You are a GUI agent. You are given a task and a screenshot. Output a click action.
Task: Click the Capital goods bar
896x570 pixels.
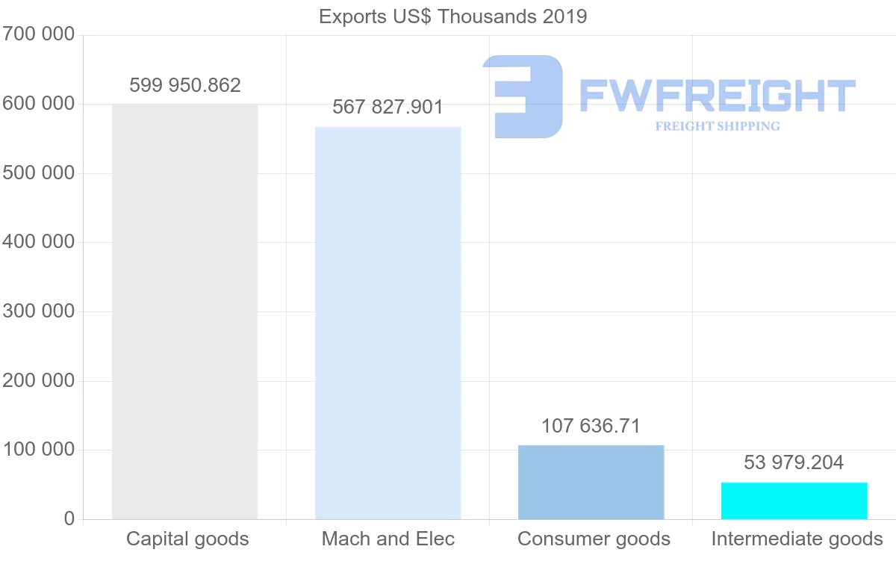(184, 312)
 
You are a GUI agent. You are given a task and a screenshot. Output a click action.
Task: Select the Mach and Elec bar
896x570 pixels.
(388, 323)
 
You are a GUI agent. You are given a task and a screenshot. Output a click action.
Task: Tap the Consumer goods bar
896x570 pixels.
(591, 482)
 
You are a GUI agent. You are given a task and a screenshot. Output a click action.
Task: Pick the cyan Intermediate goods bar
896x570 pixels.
(794, 501)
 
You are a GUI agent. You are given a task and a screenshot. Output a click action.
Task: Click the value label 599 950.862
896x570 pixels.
(185, 85)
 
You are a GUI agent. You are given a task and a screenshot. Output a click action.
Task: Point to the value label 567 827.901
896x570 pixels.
(388, 108)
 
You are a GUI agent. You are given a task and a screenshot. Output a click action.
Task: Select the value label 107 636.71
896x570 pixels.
(591, 426)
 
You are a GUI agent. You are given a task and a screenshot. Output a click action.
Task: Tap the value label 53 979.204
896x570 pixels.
(794, 463)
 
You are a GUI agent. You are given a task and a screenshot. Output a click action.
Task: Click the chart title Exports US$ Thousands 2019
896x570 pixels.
(453, 16)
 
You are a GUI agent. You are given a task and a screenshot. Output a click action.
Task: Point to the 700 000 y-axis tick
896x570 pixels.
(38, 34)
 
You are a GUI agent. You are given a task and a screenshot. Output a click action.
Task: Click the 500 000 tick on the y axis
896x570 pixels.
(38, 173)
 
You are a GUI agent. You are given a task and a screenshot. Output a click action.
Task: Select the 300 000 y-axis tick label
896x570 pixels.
(38, 312)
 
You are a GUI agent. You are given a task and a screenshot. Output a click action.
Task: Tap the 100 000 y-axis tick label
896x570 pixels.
(38, 450)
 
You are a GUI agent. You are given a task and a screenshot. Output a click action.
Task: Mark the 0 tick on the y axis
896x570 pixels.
(69, 518)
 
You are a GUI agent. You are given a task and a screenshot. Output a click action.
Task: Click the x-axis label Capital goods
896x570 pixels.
(187, 539)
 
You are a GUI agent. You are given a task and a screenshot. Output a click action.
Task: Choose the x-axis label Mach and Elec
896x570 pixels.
(388, 539)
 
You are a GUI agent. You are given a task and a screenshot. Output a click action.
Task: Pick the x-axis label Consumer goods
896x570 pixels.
(594, 539)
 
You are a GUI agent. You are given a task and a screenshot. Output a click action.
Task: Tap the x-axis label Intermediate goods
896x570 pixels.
(797, 539)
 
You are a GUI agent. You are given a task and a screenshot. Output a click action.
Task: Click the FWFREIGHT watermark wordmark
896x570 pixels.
(717, 96)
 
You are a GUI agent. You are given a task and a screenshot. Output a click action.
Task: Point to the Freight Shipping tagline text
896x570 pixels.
(718, 126)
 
